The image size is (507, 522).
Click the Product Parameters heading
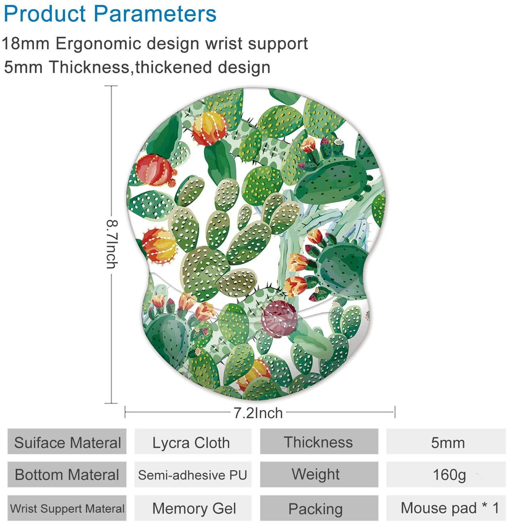[110, 14]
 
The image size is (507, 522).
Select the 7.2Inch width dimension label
[258, 413]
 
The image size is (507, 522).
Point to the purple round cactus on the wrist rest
[279, 319]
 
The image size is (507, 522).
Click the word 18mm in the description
[26, 44]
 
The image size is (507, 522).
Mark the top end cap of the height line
[111, 86]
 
